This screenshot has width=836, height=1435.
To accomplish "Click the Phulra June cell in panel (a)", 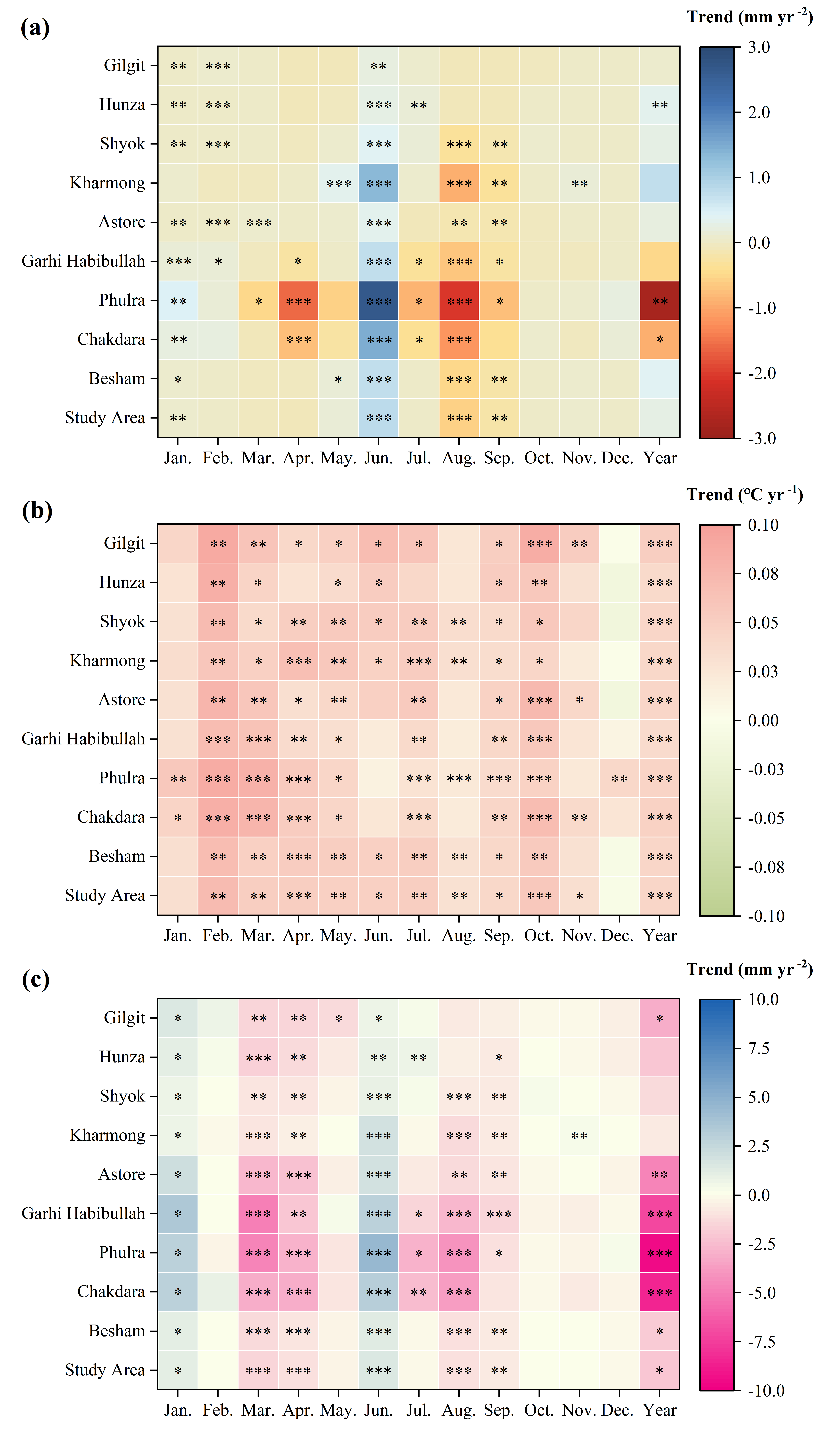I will click(x=379, y=301).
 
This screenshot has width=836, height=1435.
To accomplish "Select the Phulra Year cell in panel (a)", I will click(x=660, y=301).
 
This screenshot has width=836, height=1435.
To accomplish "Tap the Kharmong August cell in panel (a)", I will click(x=459, y=183).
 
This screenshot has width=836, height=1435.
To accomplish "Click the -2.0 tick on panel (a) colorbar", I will click(x=762, y=373).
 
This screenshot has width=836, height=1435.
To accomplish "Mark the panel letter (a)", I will click(x=35, y=27).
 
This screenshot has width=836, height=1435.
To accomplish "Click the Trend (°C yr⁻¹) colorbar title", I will click(x=744, y=494).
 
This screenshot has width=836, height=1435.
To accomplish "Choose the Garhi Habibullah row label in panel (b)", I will click(x=83, y=739).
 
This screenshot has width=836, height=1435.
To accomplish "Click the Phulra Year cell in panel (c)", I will click(x=660, y=1253).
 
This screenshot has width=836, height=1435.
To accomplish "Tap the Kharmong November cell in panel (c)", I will click(x=579, y=1135).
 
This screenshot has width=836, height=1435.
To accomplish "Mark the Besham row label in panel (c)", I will click(x=117, y=1331).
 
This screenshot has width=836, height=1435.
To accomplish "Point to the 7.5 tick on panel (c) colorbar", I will click(x=759, y=1048).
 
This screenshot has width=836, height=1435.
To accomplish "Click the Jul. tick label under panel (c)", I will click(x=419, y=1410).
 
